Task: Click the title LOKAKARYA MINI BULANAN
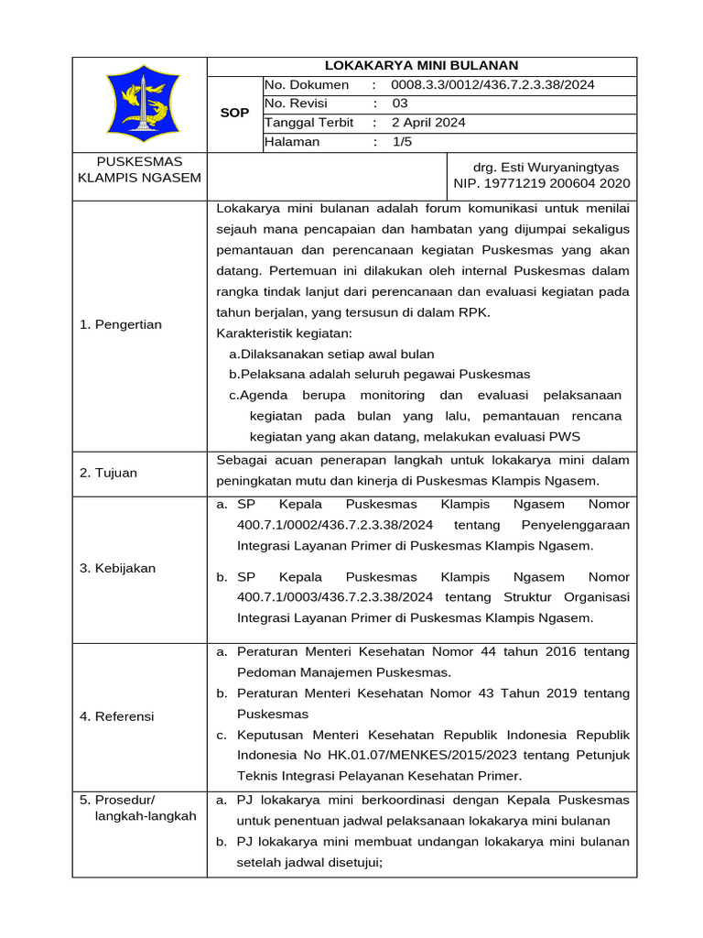point(422,65)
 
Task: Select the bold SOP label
point(234,113)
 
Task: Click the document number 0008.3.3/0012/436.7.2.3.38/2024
point(492,84)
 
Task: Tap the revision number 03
point(399,104)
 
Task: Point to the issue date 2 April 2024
point(428,123)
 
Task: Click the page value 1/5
point(403,142)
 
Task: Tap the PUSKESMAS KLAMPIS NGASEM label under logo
point(139,169)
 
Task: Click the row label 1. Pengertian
point(120,324)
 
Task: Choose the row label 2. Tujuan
point(108,473)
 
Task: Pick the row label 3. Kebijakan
point(117,568)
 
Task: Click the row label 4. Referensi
point(116,715)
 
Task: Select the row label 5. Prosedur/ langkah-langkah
point(137,808)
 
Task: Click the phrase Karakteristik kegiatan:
point(283,333)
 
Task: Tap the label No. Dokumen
point(307,84)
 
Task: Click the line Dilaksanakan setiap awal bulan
point(331,354)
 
